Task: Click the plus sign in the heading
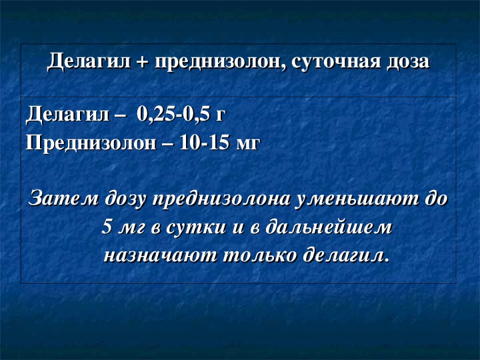(143, 62)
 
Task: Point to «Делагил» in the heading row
(89, 61)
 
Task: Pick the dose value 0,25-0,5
(173, 115)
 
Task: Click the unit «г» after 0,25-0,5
(221, 117)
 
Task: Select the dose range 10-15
(203, 143)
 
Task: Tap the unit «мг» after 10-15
(247, 145)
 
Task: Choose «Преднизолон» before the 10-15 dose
(91, 143)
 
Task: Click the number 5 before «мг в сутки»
(107, 227)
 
